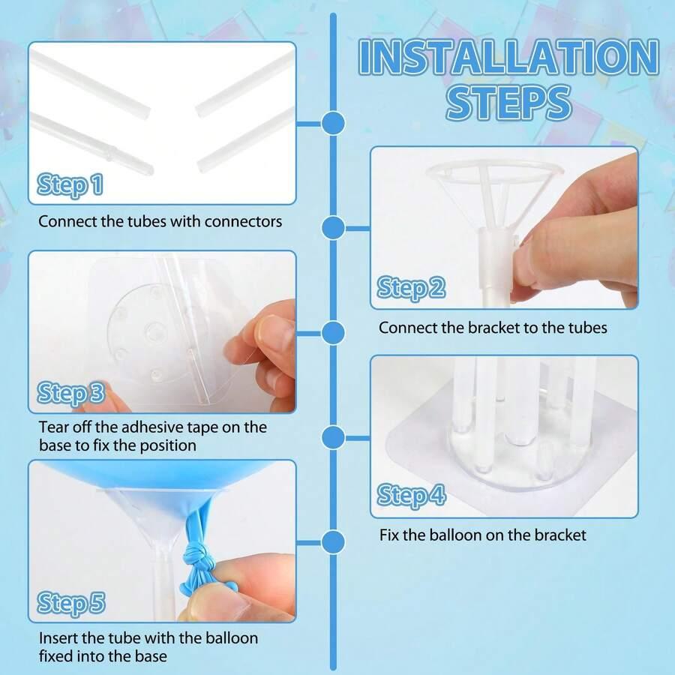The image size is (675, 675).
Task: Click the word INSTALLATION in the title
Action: (x=508, y=57)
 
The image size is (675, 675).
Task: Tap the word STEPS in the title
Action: (x=508, y=103)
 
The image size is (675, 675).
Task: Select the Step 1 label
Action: (x=70, y=185)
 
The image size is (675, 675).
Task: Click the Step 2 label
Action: (x=411, y=287)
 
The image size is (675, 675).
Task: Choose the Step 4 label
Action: (x=411, y=496)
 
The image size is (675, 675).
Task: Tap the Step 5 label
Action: (x=71, y=603)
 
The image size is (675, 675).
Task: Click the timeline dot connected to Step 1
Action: (x=333, y=123)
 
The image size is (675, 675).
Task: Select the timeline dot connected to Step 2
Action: (x=333, y=228)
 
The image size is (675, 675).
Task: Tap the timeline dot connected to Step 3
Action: (x=333, y=333)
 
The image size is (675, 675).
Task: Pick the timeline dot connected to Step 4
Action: (x=333, y=438)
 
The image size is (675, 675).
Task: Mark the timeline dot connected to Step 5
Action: (x=333, y=541)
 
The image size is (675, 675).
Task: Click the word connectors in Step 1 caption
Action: (x=243, y=222)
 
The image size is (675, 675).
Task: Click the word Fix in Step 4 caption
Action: (x=389, y=535)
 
